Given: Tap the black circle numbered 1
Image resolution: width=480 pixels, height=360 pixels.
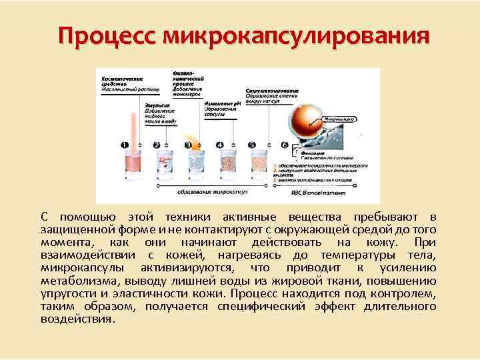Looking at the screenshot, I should [x=124, y=145].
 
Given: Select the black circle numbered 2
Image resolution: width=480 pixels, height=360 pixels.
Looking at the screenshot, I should [x=157, y=145].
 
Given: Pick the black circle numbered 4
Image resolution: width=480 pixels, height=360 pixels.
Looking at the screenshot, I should [x=220, y=145].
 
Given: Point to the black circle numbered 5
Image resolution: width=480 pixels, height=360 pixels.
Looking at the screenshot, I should [x=252, y=145].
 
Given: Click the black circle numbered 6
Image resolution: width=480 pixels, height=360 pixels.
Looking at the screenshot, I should [x=284, y=145].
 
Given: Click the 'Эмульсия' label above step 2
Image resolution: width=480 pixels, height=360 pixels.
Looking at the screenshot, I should [x=155, y=105].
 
